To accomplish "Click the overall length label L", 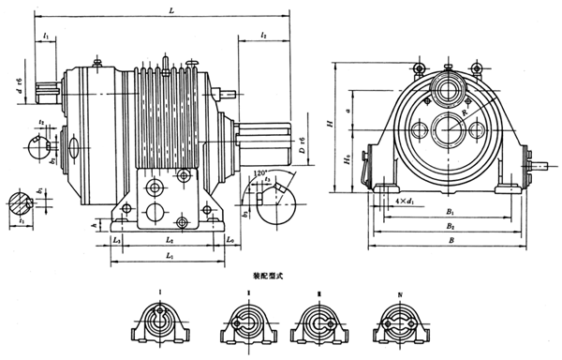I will coord(170,9).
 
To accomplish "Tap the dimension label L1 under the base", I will coord(168,256).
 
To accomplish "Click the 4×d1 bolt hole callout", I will coord(407,202).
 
